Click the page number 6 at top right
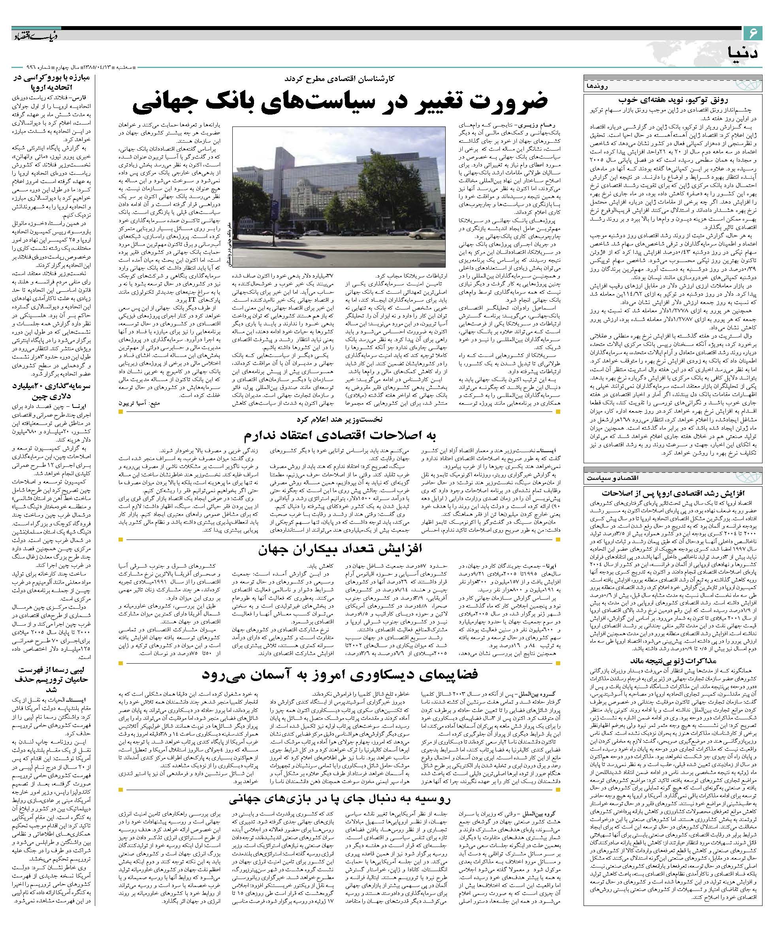(753, 33)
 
